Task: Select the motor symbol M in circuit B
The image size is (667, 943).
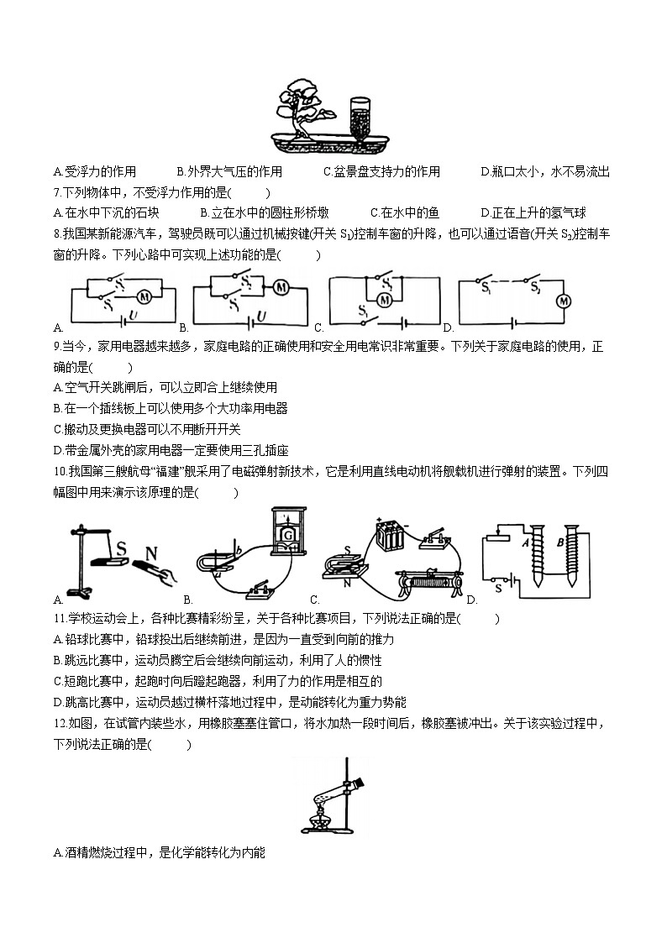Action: point(281,287)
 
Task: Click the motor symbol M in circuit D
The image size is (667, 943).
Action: point(565,300)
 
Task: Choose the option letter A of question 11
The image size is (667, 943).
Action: point(56,640)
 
